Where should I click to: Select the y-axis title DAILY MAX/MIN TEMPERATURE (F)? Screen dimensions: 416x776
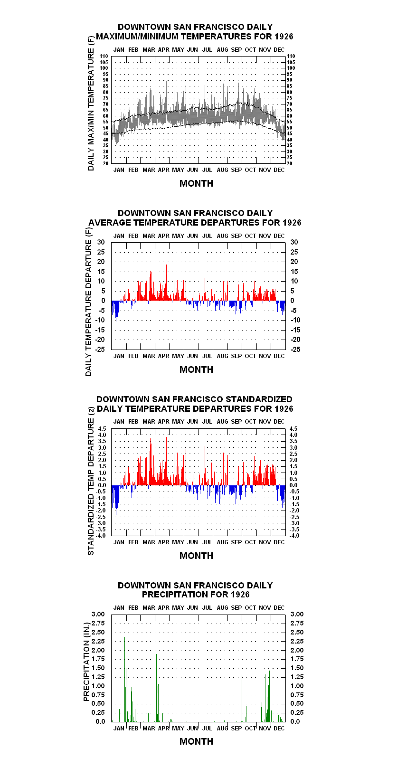[x=91, y=103]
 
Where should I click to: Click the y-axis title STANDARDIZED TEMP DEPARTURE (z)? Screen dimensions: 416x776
[x=91, y=481]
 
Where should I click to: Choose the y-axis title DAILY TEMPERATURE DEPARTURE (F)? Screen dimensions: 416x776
[x=89, y=302]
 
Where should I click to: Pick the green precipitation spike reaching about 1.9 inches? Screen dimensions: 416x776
[x=157, y=688]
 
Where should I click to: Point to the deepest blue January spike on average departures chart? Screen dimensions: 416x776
[x=116, y=311]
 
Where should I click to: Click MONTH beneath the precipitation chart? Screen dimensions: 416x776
[x=197, y=741]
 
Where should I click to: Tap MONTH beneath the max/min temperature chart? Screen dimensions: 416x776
[x=197, y=183]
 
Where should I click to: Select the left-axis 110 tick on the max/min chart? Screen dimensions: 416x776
[x=104, y=56]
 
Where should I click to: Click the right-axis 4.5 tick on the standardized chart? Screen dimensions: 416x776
[x=293, y=428]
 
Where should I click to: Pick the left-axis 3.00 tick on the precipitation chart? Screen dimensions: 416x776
[x=98, y=614]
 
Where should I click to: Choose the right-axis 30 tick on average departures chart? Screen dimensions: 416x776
[x=294, y=242]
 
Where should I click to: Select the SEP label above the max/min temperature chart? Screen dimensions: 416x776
[x=236, y=50]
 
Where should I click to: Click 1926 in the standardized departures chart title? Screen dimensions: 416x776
[x=284, y=409]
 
